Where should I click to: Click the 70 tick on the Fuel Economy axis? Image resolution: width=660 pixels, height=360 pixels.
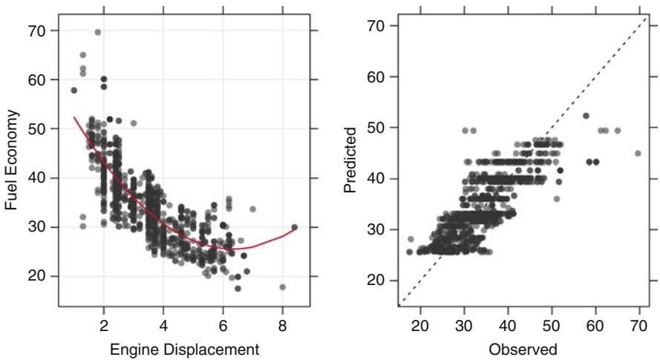tap(39, 31)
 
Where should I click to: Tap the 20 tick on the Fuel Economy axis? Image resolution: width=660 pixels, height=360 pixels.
tap(39, 276)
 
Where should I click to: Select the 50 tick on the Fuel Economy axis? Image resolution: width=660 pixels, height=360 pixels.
tap(39, 129)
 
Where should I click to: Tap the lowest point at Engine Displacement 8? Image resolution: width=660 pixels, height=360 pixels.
tap(282, 287)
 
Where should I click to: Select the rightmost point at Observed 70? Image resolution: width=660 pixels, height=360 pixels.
tap(637, 154)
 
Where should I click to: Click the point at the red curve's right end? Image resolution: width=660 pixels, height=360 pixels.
tap(295, 227)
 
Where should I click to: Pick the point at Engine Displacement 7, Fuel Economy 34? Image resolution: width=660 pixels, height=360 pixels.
tap(252, 209)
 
